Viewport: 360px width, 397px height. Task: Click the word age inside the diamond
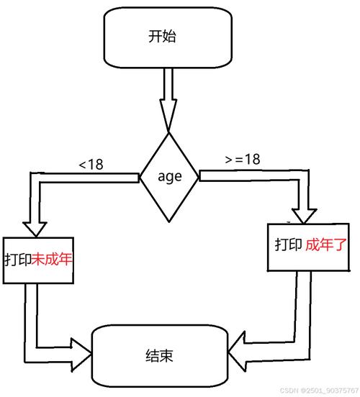tap(168, 176)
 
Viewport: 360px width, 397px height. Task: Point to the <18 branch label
tap(91, 165)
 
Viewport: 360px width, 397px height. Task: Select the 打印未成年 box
tap(40, 258)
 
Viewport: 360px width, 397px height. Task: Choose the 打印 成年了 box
tap(312, 246)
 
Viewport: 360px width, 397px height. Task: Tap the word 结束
tap(159, 355)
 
